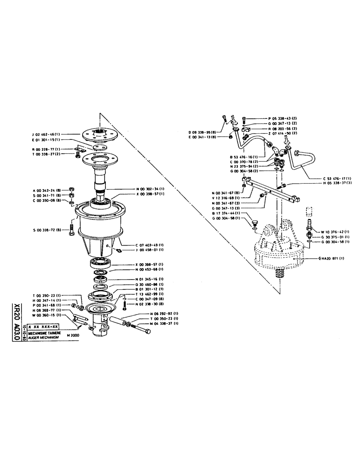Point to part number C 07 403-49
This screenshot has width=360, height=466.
coord(150,244)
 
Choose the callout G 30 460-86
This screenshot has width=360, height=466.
coord(149,284)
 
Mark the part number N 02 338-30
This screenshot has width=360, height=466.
coord(150,304)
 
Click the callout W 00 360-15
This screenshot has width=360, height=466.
coord(48,315)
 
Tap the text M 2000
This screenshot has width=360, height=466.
coord(74,336)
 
